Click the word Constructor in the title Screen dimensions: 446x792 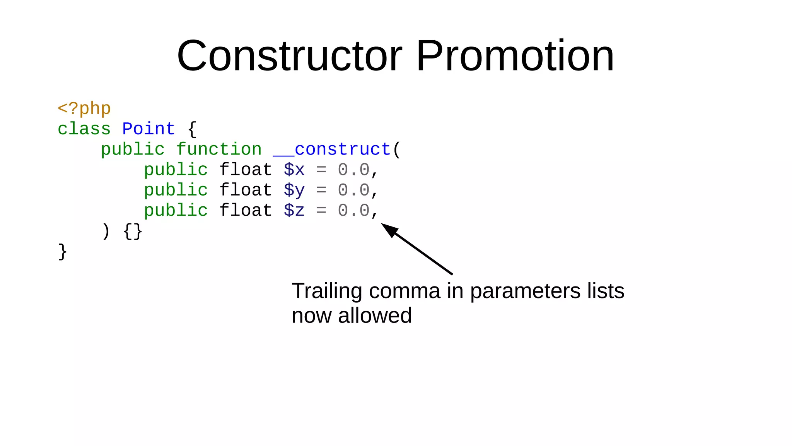point(289,56)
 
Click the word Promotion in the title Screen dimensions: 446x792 point(515,56)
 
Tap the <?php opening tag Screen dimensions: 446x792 point(84,109)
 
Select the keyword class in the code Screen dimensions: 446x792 point(84,129)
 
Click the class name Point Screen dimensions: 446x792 point(148,129)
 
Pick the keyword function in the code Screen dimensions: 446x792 point(219,149)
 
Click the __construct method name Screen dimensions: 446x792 point(332,149)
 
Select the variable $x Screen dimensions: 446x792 point(294,170)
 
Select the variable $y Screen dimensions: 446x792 point(294,190)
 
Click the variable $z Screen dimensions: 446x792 point(294,211)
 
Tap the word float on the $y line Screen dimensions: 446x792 point(246,190)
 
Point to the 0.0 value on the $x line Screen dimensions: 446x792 point(353,170)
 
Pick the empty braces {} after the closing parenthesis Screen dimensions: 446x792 point(133,232)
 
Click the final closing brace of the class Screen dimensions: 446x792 point(62,252)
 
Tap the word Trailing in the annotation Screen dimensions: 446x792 point(327,291)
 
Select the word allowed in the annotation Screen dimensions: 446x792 point(374,316)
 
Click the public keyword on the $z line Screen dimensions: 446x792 point(176,211)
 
